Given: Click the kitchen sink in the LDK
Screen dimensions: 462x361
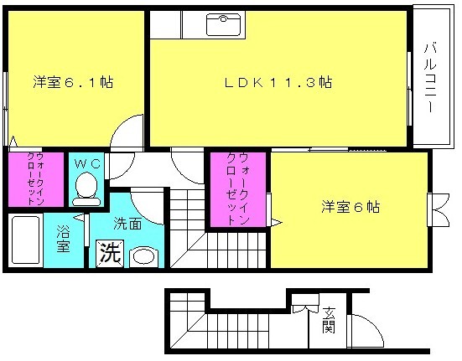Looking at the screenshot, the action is [x=223, y=25].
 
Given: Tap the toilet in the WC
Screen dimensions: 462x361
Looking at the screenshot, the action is [x=86, y=188].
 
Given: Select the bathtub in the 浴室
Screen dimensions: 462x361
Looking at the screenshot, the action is [x=26, y=240].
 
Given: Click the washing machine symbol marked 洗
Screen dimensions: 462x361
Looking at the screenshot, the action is [x=110, y=254].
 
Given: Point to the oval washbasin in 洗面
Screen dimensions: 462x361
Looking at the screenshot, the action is [x=143, y=256].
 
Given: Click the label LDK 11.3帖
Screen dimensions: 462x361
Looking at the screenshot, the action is [x=278, y=82].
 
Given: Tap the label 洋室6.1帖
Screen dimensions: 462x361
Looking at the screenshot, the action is [x=73, y=82].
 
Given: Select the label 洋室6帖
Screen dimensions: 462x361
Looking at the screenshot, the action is [x=350, y=207].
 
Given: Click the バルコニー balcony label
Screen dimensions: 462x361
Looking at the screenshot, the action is [x=430, y=78].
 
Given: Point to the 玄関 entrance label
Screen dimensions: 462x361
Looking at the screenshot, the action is [x=329, y=320].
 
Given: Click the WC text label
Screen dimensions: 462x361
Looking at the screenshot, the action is [x=87, y=163].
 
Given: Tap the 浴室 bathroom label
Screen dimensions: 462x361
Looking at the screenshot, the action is [x=64, y=239].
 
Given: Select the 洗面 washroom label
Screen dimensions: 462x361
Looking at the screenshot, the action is [x=127, y=224].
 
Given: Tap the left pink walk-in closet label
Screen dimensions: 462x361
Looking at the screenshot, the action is [x=35, y=178].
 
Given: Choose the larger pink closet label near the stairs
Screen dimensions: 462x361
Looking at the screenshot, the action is [x=238, y=189].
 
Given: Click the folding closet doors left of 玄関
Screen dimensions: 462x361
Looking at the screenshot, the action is [x=305, y=308].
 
